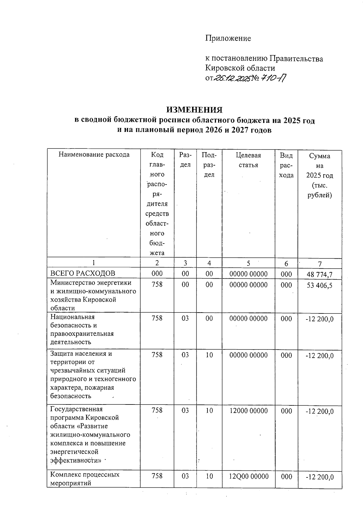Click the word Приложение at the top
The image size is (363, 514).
point(228,38)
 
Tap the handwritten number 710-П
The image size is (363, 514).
point(273,78)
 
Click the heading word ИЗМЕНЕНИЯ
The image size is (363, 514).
point(195,110)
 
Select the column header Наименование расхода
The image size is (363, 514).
point(94,155)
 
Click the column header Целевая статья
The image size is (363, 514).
point(248,160)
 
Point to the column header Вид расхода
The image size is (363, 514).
point(286,165)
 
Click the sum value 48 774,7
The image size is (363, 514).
point(319,274)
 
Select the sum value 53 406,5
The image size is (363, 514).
point(319,285)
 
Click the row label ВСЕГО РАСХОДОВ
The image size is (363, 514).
point(83,273)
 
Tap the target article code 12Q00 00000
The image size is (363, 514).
point(249,476)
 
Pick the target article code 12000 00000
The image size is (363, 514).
point(249,411)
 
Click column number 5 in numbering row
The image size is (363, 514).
point(248,263)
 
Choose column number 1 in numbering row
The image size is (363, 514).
point(93,263)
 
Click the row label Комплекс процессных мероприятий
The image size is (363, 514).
point(85,479)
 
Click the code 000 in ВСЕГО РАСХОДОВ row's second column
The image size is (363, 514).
point(157,274)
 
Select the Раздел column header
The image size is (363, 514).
point(185,160)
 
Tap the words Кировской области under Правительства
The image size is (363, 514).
point(240,68)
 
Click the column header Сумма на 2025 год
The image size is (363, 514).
point(320,175)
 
